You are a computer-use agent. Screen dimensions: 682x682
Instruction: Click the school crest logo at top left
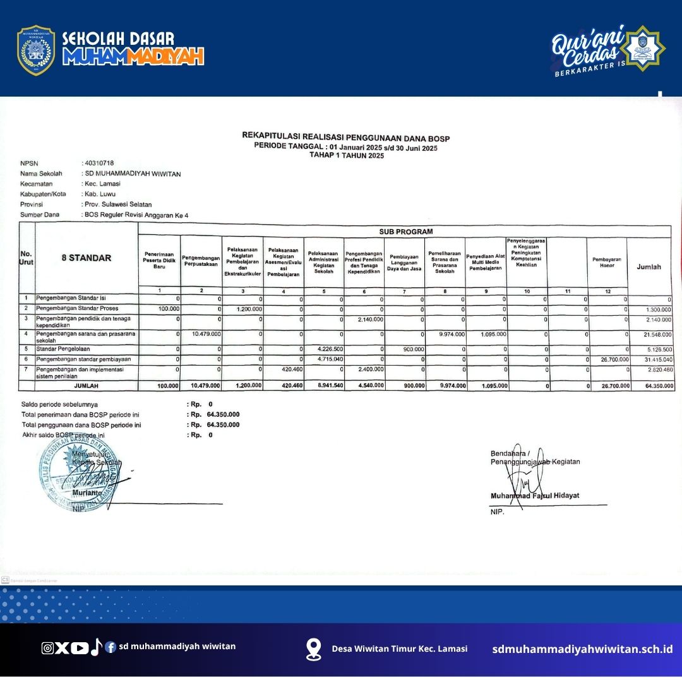click(36, 51)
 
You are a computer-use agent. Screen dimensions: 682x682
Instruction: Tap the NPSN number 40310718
click(99, 163)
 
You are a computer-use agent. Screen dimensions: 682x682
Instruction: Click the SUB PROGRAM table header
click(406, 232)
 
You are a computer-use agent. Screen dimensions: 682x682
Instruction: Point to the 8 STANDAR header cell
click(87, 258)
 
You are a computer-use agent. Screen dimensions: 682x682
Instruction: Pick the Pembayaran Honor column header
click(607, 262)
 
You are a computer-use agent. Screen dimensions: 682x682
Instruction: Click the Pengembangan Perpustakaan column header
click(201, 261)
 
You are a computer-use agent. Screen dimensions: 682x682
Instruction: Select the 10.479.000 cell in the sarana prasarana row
click(206, 333)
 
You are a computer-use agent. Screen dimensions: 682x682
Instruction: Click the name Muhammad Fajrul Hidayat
click(534, 496)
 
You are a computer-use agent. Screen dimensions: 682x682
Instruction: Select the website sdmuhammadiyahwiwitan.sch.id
click(582, 649)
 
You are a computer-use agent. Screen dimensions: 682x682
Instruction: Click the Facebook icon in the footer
click(111, 647)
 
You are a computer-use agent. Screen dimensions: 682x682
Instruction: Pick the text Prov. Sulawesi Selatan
click(118, 205)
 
